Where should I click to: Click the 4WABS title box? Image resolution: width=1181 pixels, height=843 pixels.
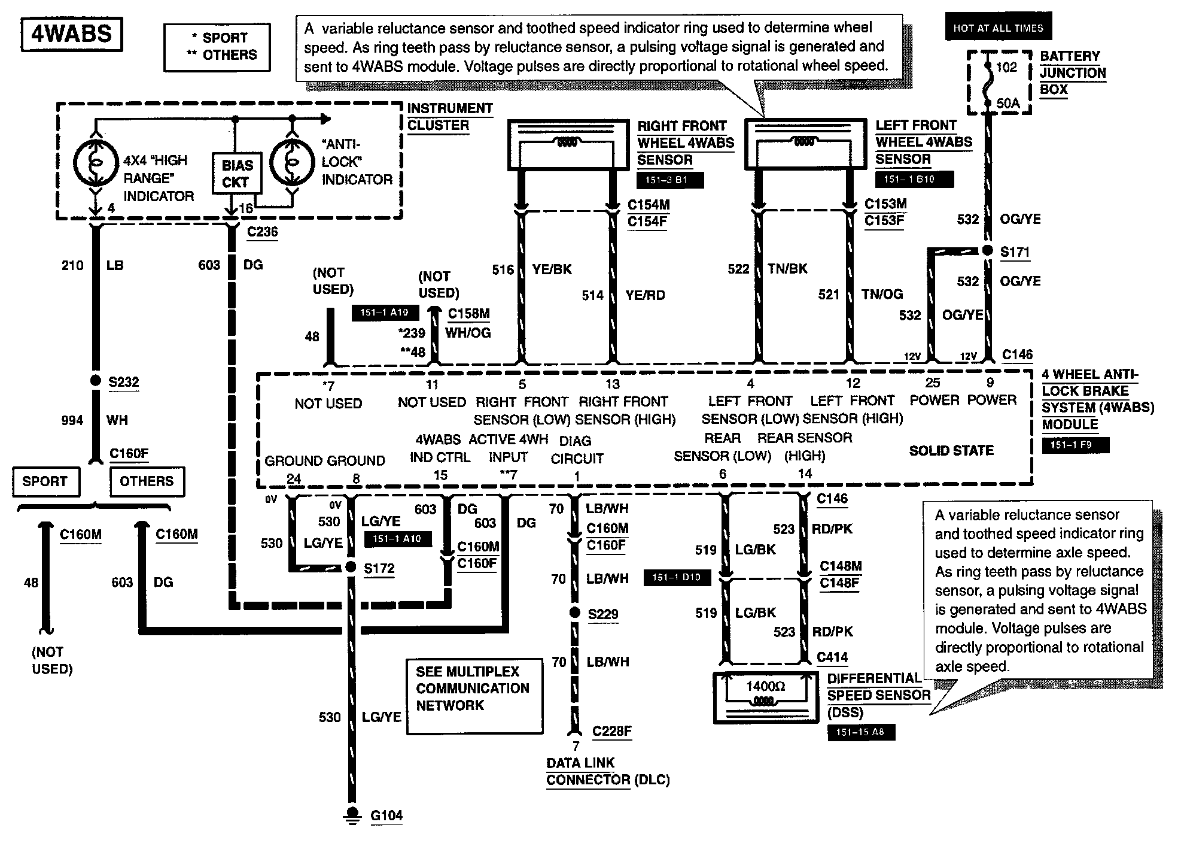point(71,34)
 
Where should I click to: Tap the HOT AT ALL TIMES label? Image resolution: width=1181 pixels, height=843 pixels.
point(998,28)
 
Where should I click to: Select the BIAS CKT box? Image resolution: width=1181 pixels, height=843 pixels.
point(238,174)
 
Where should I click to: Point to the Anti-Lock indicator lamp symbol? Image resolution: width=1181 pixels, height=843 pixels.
point(292,162)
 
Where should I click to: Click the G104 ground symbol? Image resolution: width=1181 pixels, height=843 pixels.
point(352,814)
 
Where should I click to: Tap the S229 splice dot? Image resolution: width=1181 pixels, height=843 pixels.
point(574,612)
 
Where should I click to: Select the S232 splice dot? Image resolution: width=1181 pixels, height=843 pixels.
point(95,381)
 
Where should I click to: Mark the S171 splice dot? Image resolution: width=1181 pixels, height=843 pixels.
point(988,251)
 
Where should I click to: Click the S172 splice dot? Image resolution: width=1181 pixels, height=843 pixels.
point(352,567)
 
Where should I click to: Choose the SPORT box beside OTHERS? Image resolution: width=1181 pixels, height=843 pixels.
point(45,481)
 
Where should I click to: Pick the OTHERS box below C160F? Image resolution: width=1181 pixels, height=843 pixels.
point(147,481)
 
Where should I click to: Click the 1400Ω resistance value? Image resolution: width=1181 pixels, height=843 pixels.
point(765,686)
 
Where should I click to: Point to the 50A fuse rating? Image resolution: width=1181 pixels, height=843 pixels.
point(1007,103)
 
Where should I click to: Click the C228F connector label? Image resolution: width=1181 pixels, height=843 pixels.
point(611,731)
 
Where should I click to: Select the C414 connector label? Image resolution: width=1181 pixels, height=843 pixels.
point(832,657)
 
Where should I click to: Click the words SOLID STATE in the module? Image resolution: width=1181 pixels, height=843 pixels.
point(951,450)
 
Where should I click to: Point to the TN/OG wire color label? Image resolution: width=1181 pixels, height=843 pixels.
point(882,294)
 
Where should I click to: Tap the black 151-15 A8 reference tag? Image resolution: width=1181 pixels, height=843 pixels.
point(861,732)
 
